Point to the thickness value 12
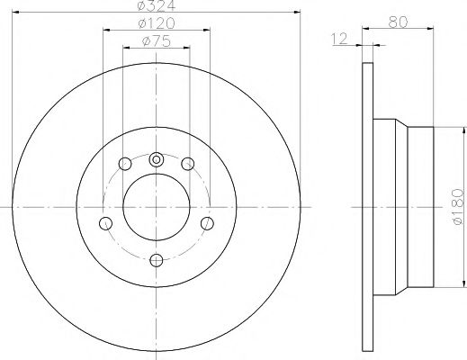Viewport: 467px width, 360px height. [x=340, y=38]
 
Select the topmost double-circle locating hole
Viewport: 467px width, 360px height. [x=156, y=159]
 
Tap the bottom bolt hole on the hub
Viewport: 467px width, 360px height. [x=156, y=260]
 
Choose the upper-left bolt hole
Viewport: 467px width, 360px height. [x=124, y=164]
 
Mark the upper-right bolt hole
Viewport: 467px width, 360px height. [x=187, y=164]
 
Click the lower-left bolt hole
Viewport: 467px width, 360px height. [x=104, y=223]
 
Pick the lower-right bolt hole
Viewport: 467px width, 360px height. [x=207, y=223]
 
